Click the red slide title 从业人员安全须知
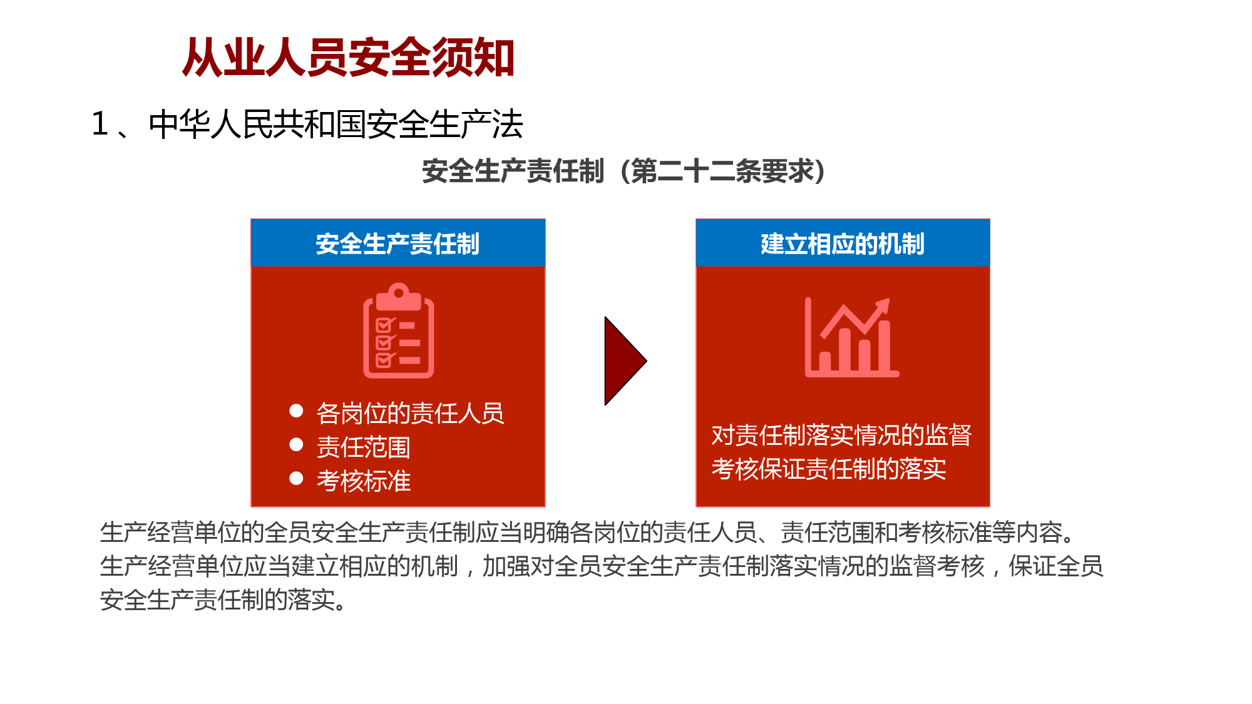click(x=348, y=58)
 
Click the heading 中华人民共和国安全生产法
click(x=336, y=124)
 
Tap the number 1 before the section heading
click(x=100, y=123)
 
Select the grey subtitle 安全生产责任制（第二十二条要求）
click(x=623, y=171)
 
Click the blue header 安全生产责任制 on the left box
click(x=398, y=243)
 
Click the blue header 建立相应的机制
click(x=843, y=243)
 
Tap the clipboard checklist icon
click(x=399, y=330)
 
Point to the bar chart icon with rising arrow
click(x=851, y=337)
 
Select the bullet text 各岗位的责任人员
click(x=410, y=413)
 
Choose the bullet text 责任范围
click(x=363, y=447)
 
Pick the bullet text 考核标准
click(x=363, y=481)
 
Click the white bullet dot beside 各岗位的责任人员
click(x=296, y=411)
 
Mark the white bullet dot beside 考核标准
click(x=296, y=479)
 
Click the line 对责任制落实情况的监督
click(x=841, y=435)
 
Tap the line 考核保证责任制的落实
click(x=829, y=469)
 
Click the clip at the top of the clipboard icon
click(x=399, y=297)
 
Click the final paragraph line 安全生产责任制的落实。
click(x=223, y=599)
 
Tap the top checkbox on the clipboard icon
click(x=384, y=325)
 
